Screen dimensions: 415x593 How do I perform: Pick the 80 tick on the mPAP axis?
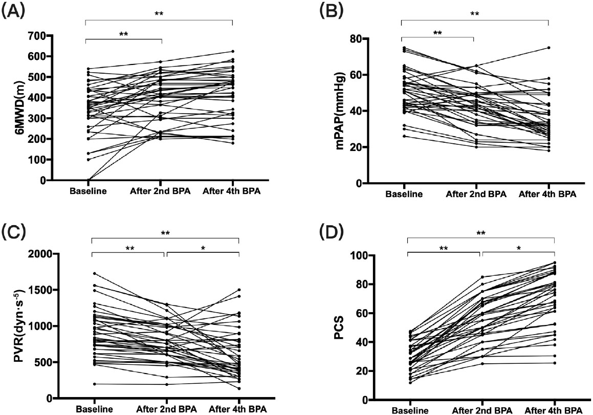[382, 39]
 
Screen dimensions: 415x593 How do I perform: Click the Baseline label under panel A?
[85, 192]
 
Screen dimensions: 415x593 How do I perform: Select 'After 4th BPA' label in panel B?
[548, 194]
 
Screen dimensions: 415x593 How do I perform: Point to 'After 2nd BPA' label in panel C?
[166, 409]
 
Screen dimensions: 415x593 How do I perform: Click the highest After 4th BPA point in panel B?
[548, 48]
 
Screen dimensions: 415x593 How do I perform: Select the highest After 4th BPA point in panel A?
[233, 51]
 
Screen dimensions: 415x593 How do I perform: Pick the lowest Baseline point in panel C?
[92, 384]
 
